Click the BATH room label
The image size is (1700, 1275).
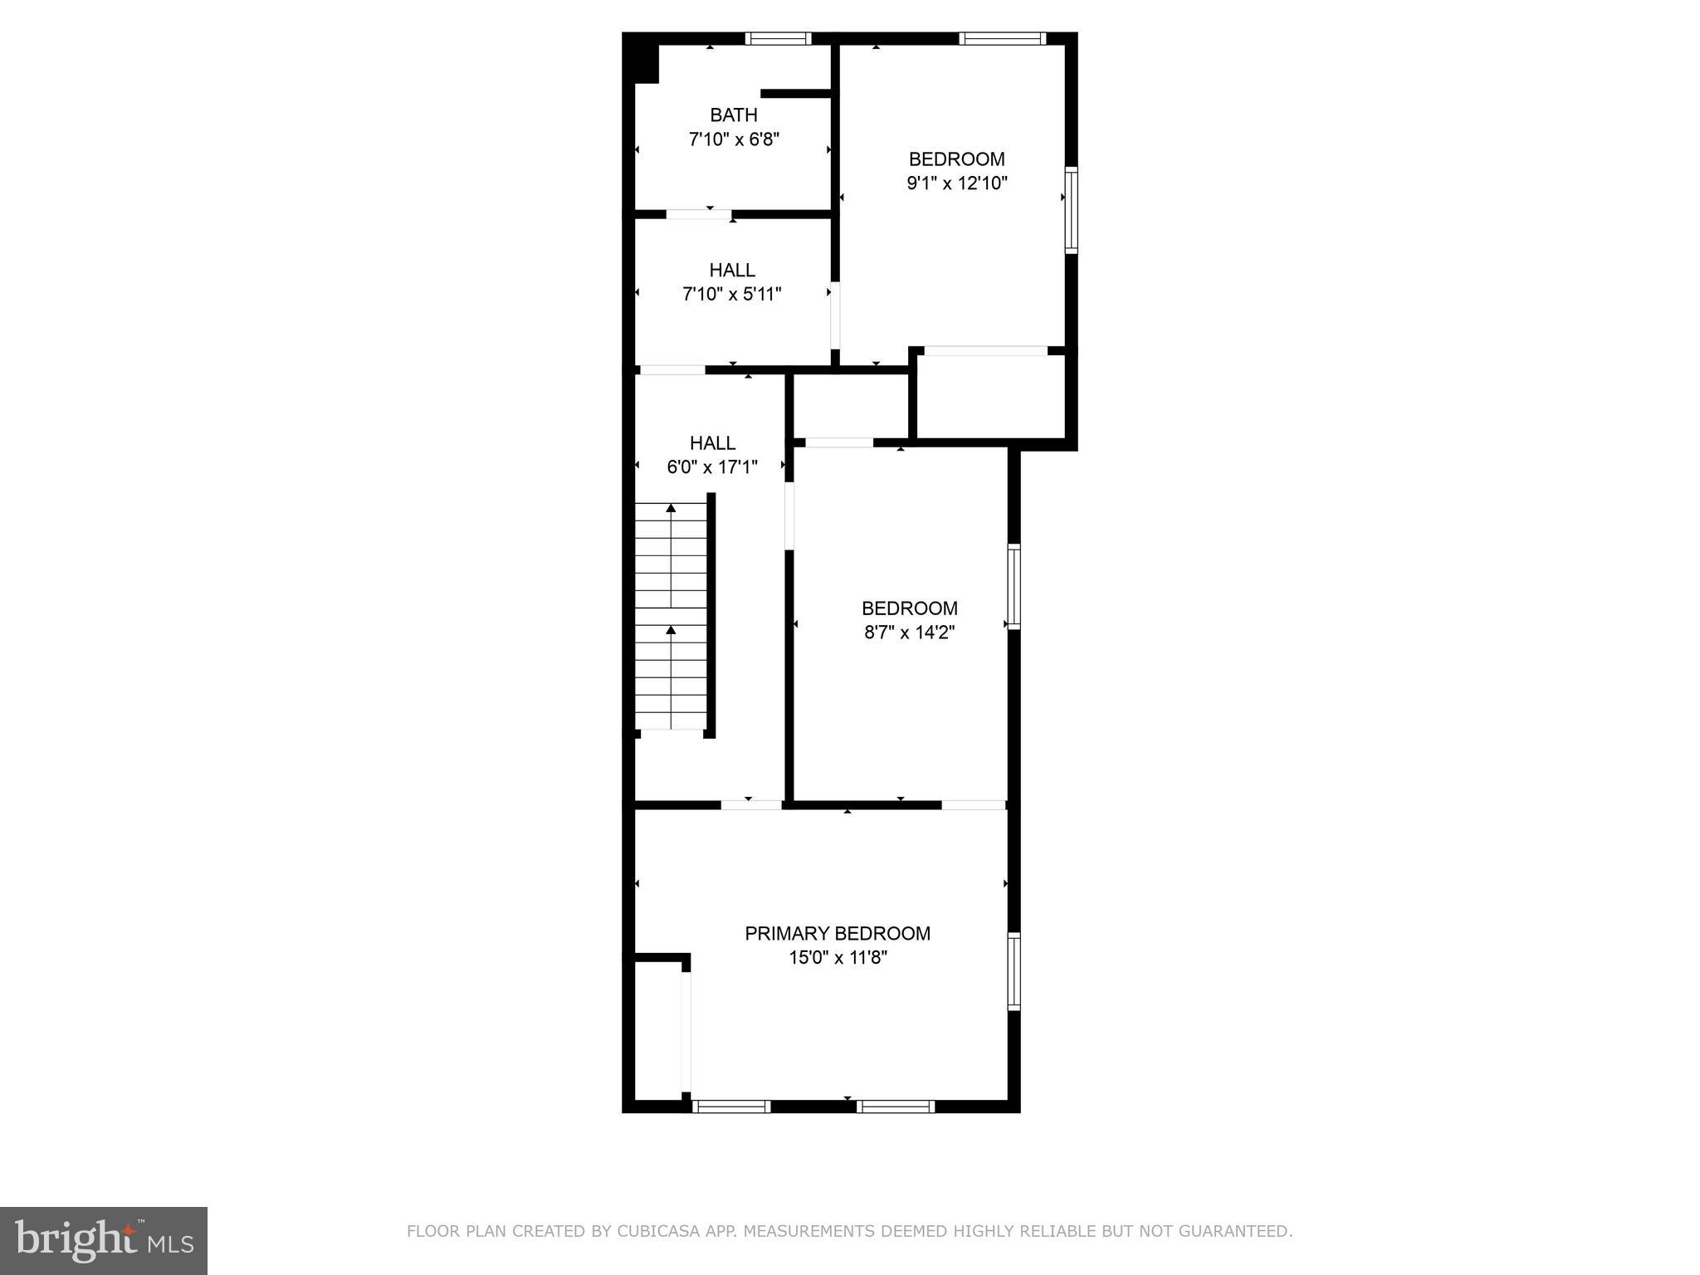(x=733, y=115)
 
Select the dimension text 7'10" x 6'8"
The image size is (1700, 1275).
(x=733, y=139)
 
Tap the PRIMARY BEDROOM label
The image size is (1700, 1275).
(x=837, y=933)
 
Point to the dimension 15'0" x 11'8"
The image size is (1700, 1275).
(x=837, y=958)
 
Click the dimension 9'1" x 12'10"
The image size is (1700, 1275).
(x=956, y=183)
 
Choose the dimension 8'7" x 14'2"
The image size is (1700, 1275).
(x=909, y=633)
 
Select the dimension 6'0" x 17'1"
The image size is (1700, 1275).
(x=711, y=467)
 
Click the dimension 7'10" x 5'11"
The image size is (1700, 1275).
(x=731, y=294)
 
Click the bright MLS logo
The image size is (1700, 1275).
(x=103, y=1240)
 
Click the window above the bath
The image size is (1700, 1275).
(x=778, y=38)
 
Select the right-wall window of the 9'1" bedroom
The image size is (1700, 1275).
(x=1071, y=210)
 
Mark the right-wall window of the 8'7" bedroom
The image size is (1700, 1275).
(x=1014, y=586)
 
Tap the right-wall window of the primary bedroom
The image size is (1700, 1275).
(x=1014, y=971)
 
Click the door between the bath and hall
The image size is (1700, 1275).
(x=699, y=215)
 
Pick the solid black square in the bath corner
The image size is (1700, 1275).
(x=645, y=64)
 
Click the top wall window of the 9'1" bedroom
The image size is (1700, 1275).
(x=1002, y=38)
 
